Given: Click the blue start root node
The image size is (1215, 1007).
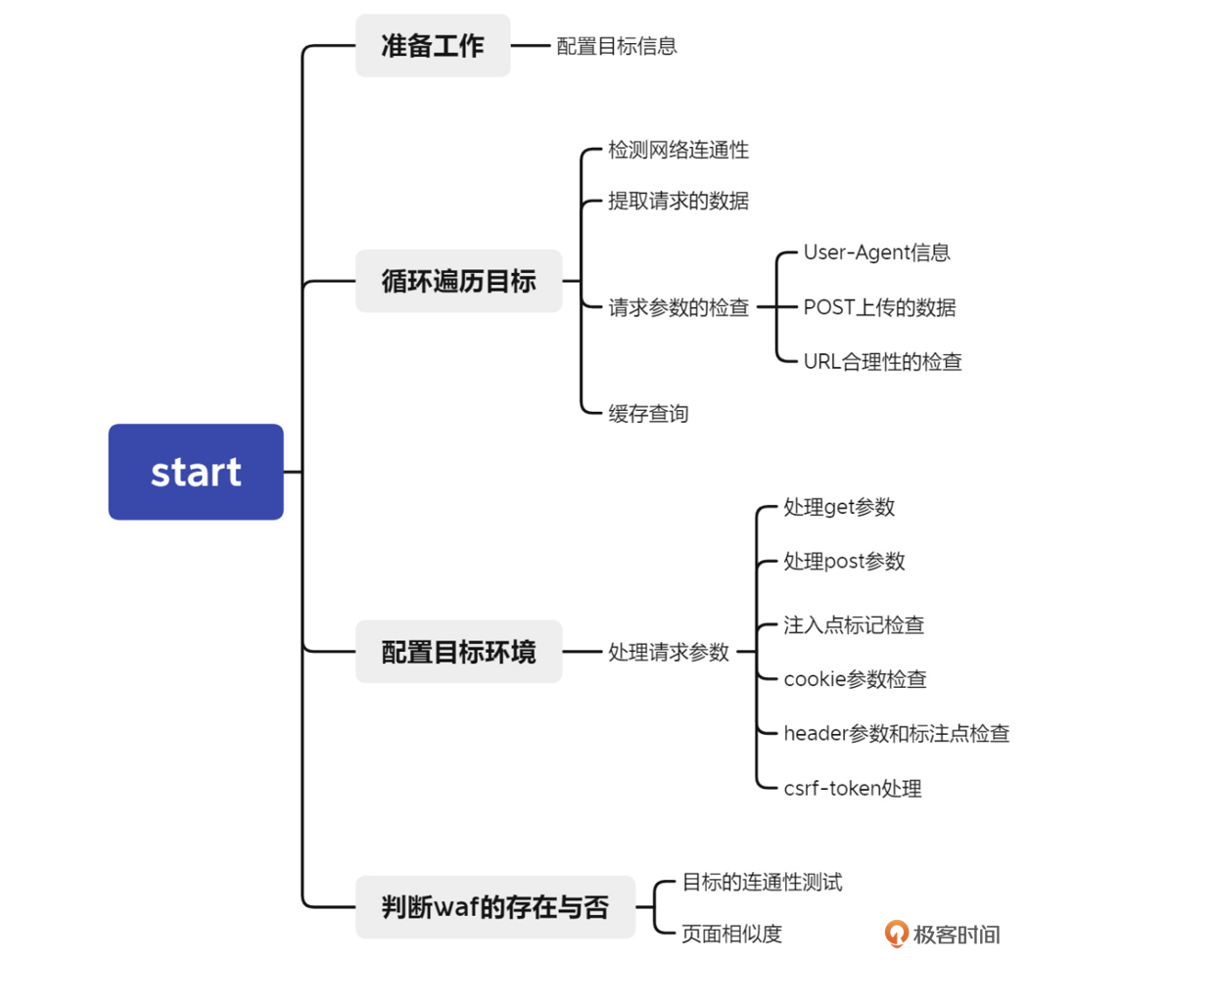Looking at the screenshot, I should tap(196, 472).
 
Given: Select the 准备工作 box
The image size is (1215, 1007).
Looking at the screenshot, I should tap(432, 46).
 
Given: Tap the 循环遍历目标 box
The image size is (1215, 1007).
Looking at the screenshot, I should tap(458, 281).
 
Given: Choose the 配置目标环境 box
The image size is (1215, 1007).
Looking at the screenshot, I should tap(458, 652).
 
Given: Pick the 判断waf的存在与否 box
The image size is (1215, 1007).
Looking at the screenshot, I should tap(494, 907).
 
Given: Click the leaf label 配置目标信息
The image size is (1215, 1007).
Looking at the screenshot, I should tap(616, 46).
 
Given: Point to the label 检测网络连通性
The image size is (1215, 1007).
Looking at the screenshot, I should tap(678, 150).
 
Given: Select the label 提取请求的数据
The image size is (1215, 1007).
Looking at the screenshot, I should tap(678, 201).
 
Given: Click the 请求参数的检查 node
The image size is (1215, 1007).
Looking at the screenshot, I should tap(678, 307).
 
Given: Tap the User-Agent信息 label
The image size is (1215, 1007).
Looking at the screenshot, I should tap(876, 252).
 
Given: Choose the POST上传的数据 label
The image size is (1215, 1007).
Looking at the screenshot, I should tap(879, 307).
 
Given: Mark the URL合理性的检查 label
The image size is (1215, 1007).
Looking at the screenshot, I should tap(882, 362).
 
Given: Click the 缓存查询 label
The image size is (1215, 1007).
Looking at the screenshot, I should tap(648, 414).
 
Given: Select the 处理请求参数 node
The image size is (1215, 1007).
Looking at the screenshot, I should tap(668, 652).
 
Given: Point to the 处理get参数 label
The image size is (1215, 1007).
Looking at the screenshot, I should tap(839, 507).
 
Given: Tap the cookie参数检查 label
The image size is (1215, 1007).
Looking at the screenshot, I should tap(855, 679).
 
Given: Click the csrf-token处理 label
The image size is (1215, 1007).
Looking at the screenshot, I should tap(852, 789).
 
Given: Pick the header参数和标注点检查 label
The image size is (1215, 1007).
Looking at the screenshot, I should tap(896, 734).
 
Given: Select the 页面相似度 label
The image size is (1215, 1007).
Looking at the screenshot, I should tap(731, 935).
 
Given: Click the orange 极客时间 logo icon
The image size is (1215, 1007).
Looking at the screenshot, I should tap(896, 934).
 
